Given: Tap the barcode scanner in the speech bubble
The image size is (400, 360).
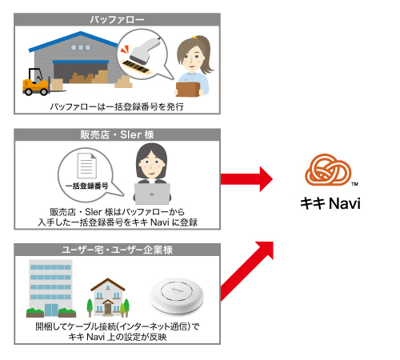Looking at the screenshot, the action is click(x=145, y=50).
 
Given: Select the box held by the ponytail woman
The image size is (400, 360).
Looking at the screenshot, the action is click(x=188, y=90).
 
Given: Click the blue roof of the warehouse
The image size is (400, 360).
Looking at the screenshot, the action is click(x=74, y=41).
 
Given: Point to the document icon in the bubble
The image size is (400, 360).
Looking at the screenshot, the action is click(x=87, y=166).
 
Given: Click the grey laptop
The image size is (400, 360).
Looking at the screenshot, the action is click(x=152, y=194).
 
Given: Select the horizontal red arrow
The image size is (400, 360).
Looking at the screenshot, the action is click(x=246, y=179).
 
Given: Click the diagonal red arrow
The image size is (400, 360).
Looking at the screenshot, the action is click(x=247, y=271).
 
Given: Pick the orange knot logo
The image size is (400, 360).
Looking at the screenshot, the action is click(x=328, y=170).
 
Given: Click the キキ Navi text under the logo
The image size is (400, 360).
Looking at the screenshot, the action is click(x=330, y=203).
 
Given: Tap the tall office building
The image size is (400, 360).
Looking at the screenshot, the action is click(x=50, y=288).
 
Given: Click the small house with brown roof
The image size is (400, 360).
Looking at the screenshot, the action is click(x=108, y=298).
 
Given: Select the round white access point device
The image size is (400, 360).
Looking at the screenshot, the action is click(x=177, y=297).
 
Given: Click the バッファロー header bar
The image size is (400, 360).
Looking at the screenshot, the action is click(x=117, y=19).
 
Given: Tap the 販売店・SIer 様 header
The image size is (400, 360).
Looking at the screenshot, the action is click(x=117, y=134).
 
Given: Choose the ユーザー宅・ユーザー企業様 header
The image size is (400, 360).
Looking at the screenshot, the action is click(x=117, y=250).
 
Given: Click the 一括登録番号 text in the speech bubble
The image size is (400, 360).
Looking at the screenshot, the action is click(x=87, y=186).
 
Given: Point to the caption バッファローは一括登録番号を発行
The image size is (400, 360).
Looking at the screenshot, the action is click(x=117, y=106).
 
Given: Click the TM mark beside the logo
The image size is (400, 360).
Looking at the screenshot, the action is click(x=354, y=184).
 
